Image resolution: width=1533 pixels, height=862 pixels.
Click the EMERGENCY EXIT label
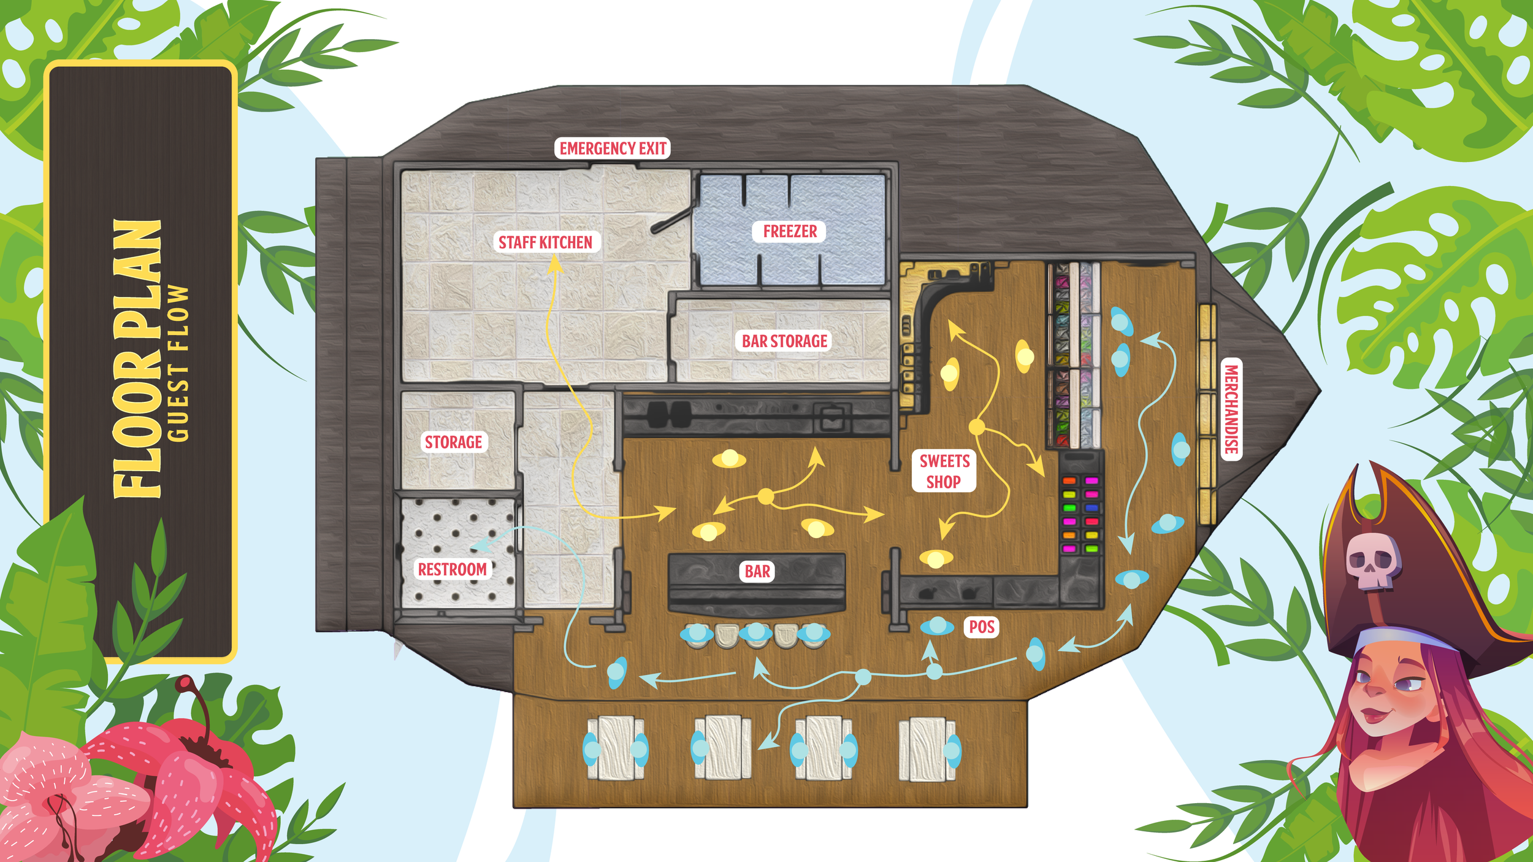click(x=612, y=148)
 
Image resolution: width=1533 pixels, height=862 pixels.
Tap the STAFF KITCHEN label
click(x=545, y=242)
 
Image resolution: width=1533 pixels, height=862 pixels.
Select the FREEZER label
click(x=789, y=231)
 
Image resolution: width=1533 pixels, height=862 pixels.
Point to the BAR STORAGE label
click(x=784, y=341)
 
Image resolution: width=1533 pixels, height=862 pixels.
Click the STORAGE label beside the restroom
click(x=453, y=442)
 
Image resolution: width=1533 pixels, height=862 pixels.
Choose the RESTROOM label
click(x=452, y=569)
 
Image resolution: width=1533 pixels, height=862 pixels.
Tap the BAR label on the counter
click(x=757, y=571)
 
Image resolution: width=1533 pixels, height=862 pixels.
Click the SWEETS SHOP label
click(x=944, y=471)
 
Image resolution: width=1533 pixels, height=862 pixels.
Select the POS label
click(x=981, y=627)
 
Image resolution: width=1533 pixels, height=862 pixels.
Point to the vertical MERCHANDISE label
click(x=1231, y=409)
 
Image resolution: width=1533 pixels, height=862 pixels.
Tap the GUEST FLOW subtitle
click(x=178, y=363)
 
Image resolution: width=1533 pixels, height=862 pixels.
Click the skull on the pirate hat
click(x=1372, y=559)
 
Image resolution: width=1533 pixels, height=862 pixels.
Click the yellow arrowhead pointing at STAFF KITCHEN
click(x=555, y=264)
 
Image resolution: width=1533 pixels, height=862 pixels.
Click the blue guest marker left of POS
click(x=936, y=626)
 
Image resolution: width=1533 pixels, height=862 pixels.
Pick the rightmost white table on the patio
click(x=927, y=748)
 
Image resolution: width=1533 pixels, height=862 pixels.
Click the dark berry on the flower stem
click(x=183, y=682)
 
